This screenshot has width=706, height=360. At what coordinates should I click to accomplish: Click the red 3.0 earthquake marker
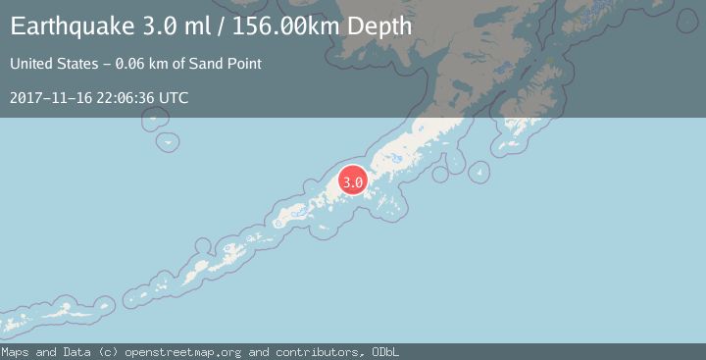353,181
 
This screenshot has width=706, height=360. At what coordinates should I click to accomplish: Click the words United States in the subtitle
50,64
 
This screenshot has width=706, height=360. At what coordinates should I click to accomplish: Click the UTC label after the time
175,98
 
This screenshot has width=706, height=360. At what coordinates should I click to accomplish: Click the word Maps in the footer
15,352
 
